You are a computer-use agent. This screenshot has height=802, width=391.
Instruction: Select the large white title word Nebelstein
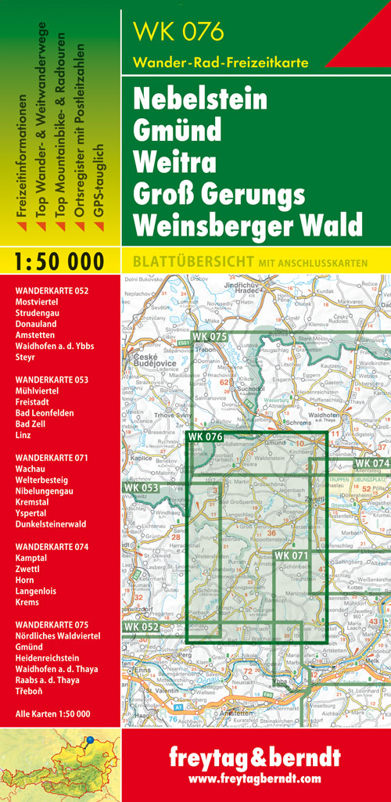(x=199, y=100)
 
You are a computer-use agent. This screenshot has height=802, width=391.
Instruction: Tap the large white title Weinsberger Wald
(x=248, y=225)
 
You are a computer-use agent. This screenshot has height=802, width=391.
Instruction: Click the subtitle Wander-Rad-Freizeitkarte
(x=221, y=63)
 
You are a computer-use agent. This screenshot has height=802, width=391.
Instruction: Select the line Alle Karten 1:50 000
(x=52, y=713)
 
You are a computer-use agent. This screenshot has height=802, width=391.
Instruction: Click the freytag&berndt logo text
(x=255, y=758)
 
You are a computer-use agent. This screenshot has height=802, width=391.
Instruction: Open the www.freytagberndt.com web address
(x=255, y=779)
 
